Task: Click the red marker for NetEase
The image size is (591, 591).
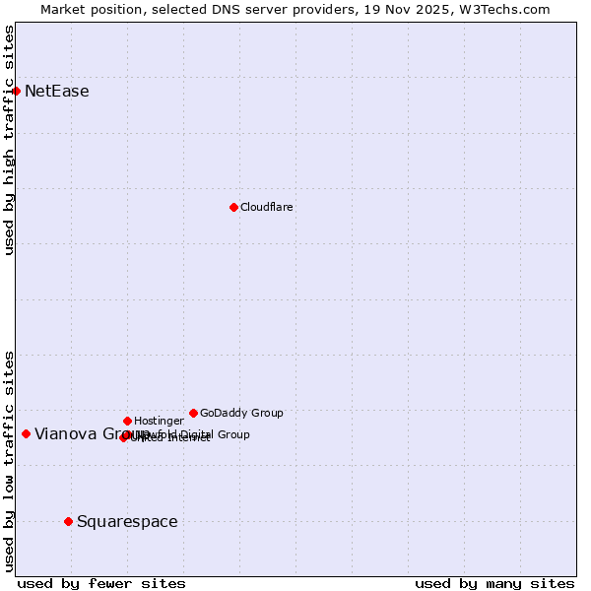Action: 17,92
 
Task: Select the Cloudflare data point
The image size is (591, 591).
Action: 233,207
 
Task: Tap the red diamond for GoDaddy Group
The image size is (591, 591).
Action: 193,413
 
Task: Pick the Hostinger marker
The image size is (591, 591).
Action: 127,421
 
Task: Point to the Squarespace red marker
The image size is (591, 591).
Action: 68,521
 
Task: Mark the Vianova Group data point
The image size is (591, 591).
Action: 26,433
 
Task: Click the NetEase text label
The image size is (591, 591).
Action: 57,92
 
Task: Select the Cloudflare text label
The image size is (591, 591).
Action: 267,207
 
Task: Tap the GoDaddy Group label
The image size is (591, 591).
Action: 241,413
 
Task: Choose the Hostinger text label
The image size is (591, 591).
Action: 159,421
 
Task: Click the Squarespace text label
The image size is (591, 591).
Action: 127,521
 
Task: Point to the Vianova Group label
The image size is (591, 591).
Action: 79,433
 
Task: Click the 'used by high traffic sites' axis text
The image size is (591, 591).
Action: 9,140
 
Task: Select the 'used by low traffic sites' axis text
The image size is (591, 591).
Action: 9,460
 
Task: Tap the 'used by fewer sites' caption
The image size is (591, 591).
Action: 101,583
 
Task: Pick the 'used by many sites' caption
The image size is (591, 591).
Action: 494,583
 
